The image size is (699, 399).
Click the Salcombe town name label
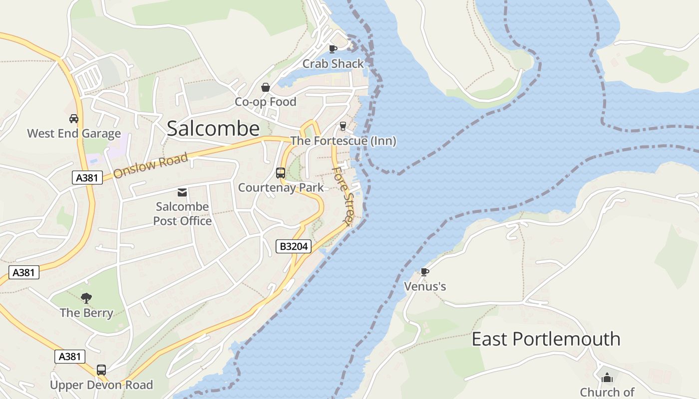click(213, 129)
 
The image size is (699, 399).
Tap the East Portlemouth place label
click(546, 339)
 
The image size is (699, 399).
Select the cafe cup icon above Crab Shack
click(333, 49)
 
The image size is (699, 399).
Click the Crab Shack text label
click(333, 64)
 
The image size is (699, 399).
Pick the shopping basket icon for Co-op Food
click(266, 87)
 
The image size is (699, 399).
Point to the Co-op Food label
click(266, 102)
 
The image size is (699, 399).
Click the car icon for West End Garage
click(74, 119)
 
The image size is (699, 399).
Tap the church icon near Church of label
click(607, 378)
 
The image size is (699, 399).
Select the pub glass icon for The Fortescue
click(343, 126)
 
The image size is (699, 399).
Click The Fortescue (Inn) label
click(343, 141)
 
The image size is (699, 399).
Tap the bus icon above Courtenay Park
click(281, 173)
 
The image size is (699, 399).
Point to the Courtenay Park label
click(281, 188)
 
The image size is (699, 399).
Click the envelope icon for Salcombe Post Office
click(182, 192)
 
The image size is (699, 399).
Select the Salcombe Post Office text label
click(182, 213)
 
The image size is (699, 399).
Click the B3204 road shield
click(294, 246)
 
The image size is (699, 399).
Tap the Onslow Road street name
click(150, 166)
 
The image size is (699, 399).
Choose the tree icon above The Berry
click(86, 298)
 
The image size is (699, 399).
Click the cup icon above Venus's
click(424, 272)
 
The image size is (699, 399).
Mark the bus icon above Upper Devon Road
click(101, 370)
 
